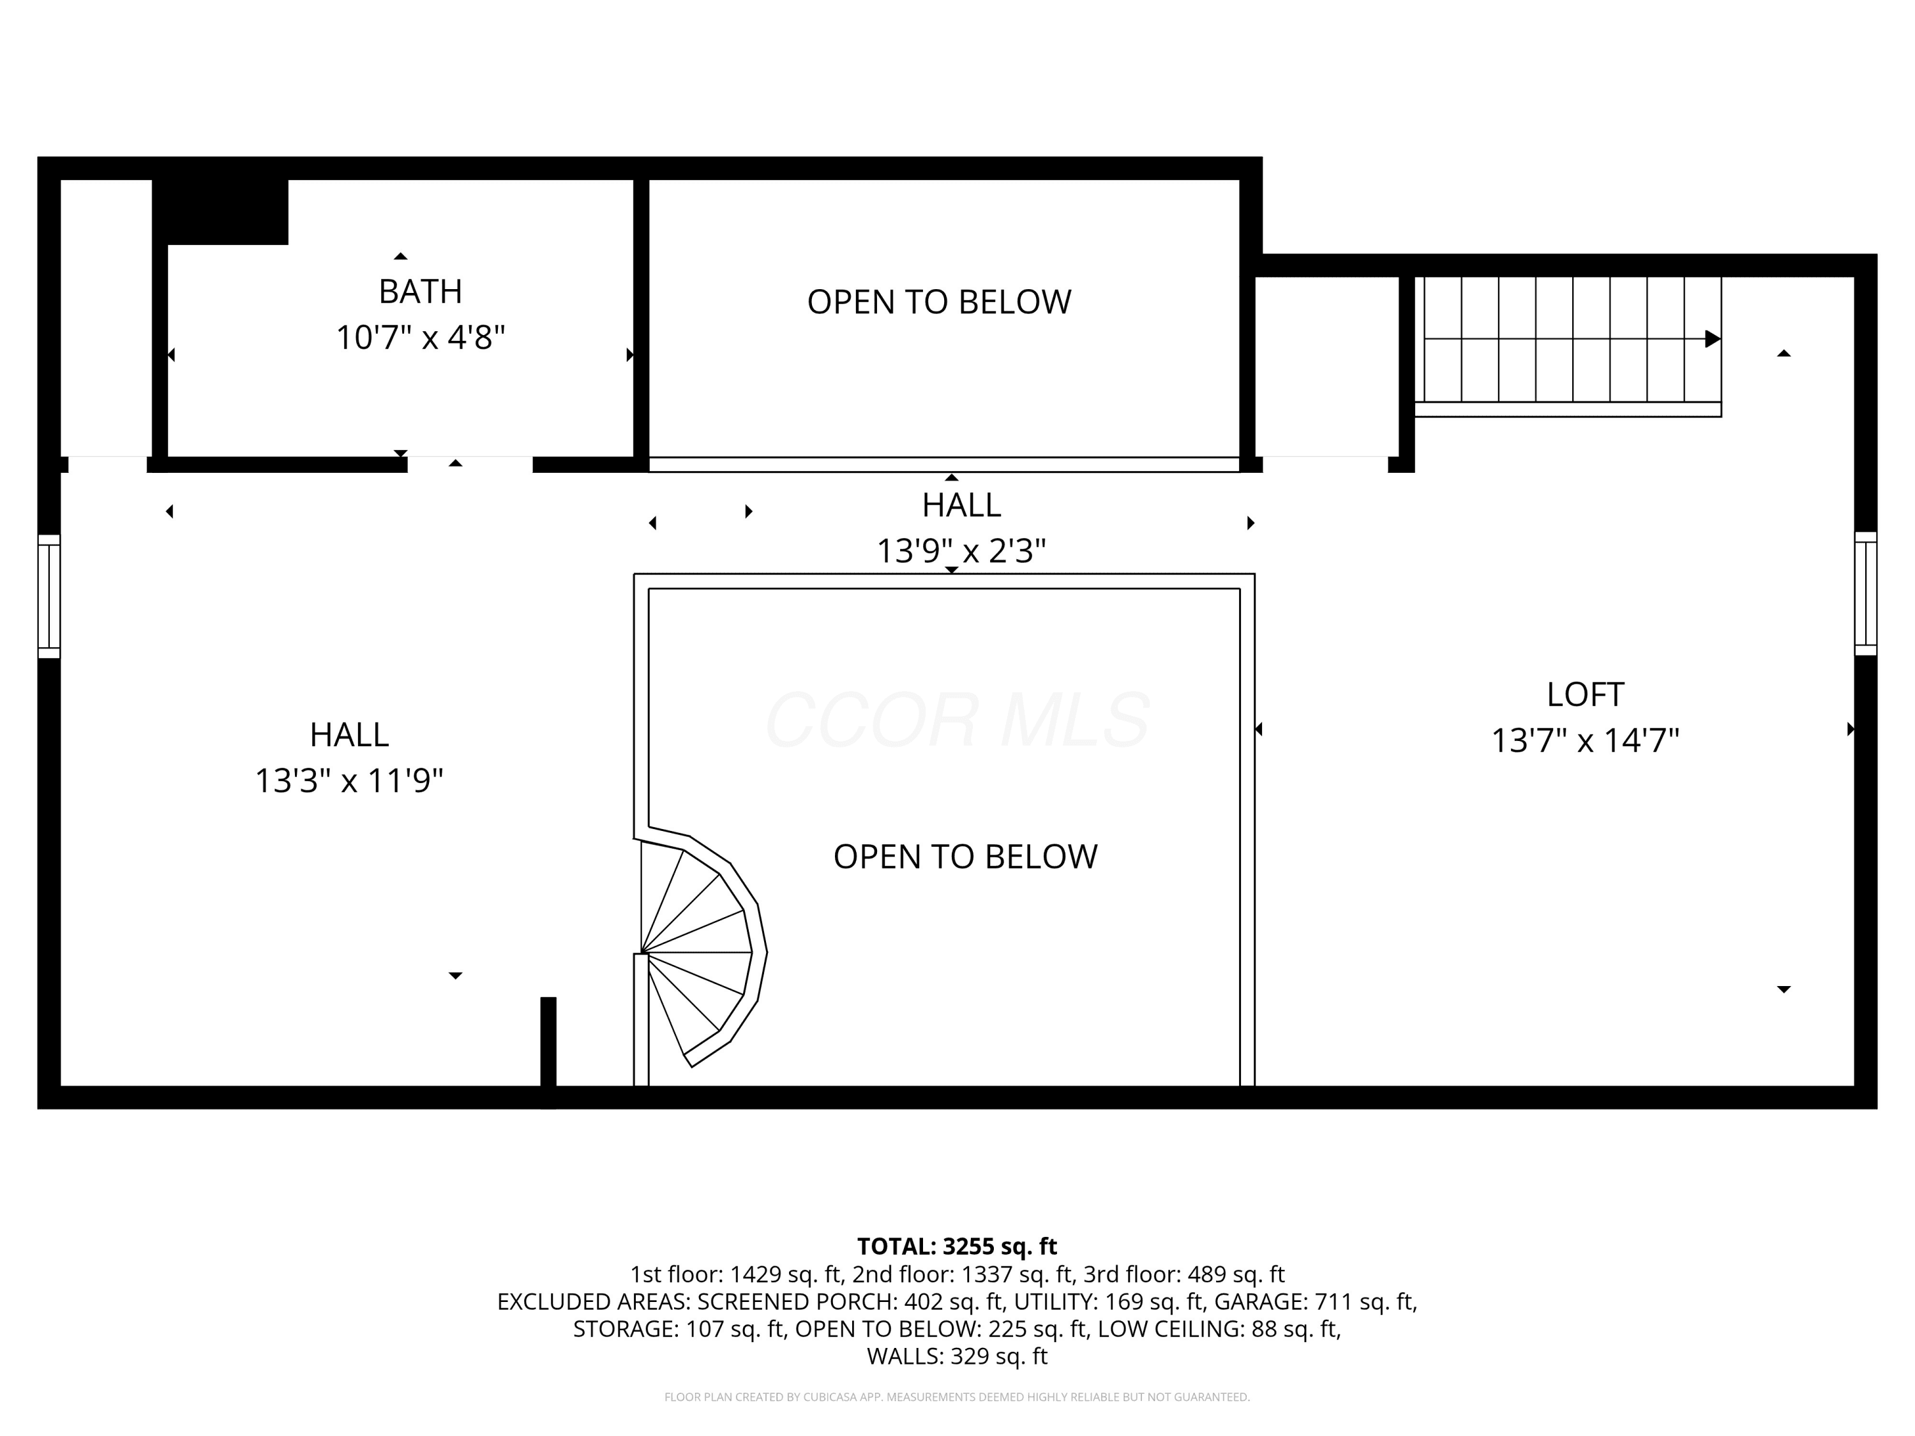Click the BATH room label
pos(421,292)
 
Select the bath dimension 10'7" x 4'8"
pos(421,338)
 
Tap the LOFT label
pos(1585,694)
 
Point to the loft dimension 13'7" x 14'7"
pos(1585,741)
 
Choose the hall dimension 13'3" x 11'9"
pos(349,781)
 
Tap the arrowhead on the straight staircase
pos(1713,338)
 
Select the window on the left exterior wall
pos(49,596)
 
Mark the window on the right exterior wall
pos(1865,594)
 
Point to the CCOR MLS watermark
pos(957,719)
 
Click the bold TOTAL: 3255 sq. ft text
pos(957,1246)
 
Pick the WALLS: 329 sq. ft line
pos(957,1356)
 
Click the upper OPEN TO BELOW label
pos(940,302)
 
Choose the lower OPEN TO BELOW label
pos(965,857)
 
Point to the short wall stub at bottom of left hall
pos(548,1052)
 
